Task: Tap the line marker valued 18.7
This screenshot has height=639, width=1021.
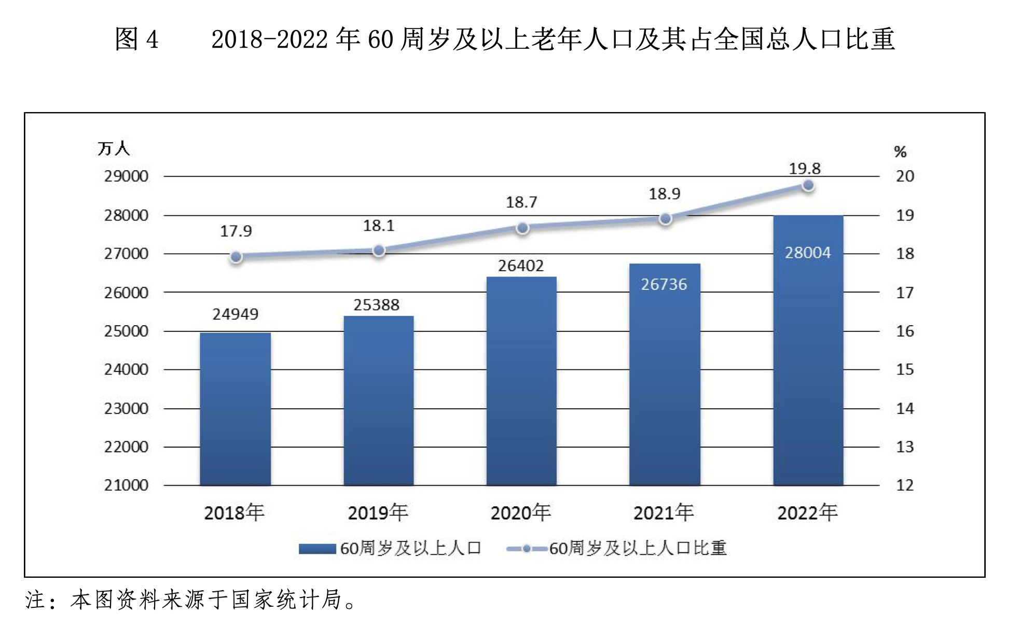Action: point(522,228)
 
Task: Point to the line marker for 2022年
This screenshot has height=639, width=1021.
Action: point(808,185)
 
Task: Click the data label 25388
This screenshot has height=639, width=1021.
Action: point(376,305)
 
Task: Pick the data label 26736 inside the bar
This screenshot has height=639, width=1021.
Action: point(664,284)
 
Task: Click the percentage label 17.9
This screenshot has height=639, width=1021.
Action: point(236,231)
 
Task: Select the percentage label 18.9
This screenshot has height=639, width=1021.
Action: point(664,194)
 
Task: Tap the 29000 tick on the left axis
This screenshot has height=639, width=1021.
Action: point(126,176)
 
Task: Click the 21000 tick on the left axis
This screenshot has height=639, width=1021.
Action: point(126,485)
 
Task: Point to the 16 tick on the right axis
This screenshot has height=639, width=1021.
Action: point(905,331)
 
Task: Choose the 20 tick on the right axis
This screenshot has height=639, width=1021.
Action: point(905,176)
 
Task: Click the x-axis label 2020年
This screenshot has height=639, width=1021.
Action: point(520,513)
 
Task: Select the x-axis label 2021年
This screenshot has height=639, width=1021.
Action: point(664,513)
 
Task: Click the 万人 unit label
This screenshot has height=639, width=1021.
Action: point(113,149)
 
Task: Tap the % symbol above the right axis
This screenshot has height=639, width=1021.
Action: point(900,152)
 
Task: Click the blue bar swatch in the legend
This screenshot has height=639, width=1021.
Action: point(317,549)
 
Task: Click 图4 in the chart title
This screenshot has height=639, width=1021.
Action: point(136,39)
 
